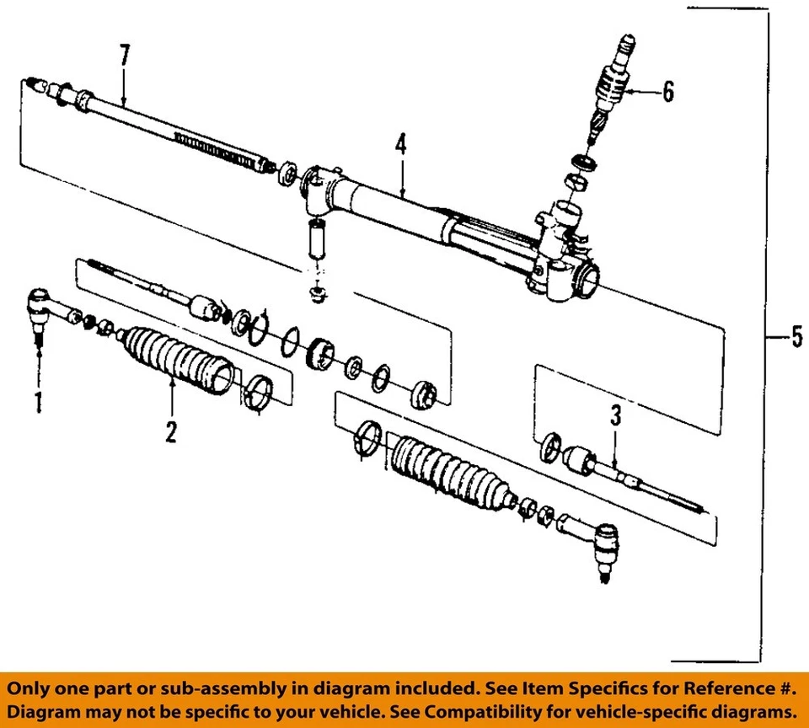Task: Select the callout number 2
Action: coord(171,432)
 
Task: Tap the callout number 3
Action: coord(616,415)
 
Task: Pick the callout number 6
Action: coord(667,92)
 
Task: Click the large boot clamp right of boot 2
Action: coord(259,393)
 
